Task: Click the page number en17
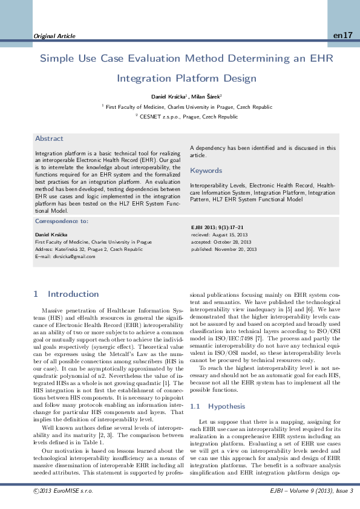tap(342, 36)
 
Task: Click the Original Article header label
tap(54, 36)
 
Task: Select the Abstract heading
tap(49, 138)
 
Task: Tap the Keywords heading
tap(206, 170)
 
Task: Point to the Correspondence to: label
tap(62, 222)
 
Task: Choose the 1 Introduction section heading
tap(67, 294)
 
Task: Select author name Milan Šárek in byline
tap(207, 97)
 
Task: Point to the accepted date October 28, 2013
tap(221, 241)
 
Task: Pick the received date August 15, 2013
tap(220, 234)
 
